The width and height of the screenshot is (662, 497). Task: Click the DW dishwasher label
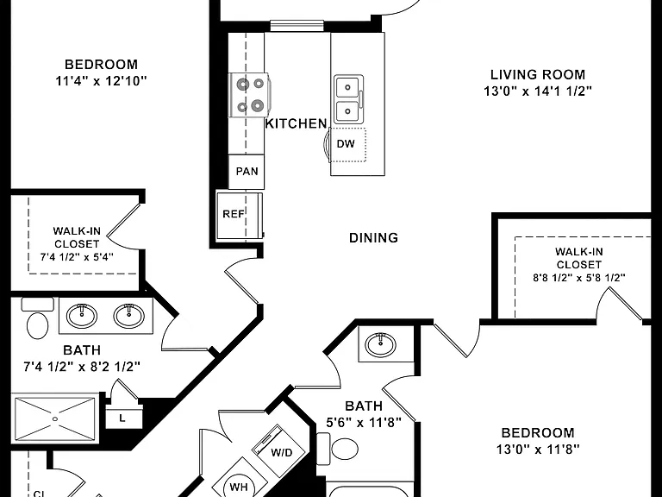346,144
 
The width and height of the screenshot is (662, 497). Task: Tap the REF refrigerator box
240,216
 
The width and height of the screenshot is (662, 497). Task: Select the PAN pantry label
247,171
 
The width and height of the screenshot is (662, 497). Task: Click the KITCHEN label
296,123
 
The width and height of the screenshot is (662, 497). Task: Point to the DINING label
373,237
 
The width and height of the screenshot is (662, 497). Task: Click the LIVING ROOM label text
538,74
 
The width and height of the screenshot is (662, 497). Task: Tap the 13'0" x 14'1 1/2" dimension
538,91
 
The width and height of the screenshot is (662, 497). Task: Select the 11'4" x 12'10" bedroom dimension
101,80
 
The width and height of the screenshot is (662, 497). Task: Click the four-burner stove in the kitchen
249,96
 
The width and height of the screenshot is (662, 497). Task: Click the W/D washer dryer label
282,453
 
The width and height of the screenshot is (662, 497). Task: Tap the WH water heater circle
239,487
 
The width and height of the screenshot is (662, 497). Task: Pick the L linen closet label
122,418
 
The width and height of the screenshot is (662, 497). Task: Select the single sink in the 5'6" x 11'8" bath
381,344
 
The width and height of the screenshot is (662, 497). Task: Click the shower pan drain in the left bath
55,418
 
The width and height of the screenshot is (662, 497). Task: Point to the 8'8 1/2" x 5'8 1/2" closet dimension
579,278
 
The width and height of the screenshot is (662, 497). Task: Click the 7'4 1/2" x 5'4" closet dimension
77,256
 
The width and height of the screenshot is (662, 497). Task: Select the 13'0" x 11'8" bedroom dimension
538,449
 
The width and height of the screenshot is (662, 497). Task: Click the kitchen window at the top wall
297,26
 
